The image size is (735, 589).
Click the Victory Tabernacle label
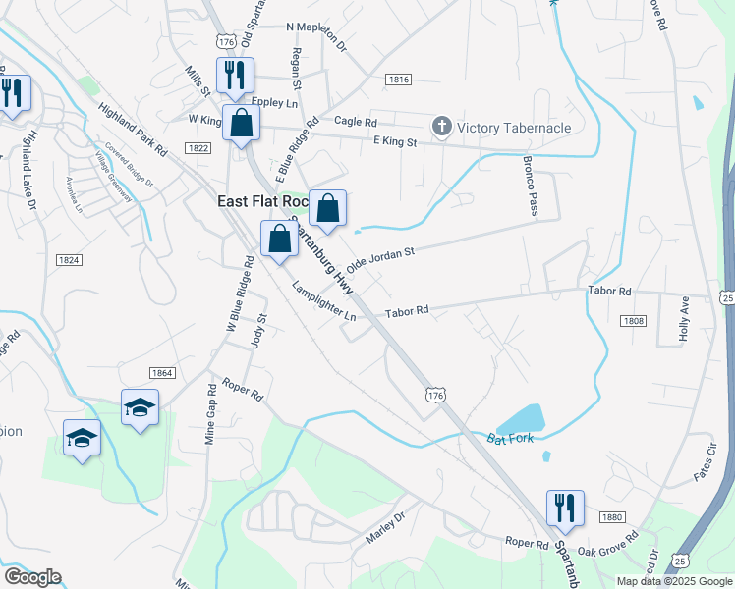coord(514,128)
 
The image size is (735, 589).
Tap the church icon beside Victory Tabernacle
coord(442,127)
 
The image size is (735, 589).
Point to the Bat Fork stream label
coord(510,438)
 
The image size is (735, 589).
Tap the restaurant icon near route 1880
coord(565,508)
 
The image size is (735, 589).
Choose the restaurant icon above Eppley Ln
coord(236,75)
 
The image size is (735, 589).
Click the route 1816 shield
coord(398,80)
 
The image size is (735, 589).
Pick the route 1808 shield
coord(633,320)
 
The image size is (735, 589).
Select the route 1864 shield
coord(162,373)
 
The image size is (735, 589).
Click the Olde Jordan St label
coord(380,259)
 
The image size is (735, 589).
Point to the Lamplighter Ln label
coord(323,301)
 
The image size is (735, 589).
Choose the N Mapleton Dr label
coord(316,37)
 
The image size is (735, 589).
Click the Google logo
coord(32,577)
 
